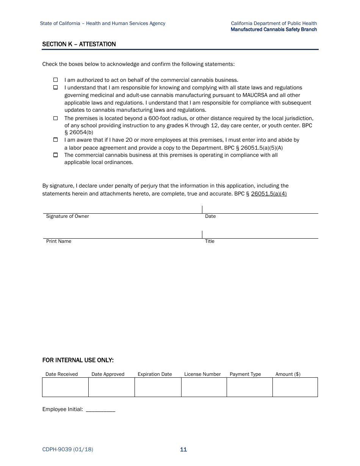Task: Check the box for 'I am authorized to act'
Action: [x=55, y=80]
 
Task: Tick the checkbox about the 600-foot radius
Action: [x=55, y=118]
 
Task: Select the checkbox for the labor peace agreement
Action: [x=55, y=140]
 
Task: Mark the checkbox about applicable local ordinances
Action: [x=55, y=155]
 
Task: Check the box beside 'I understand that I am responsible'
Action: [x=55, y=88]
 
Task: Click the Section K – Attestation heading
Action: [x=79, y=44]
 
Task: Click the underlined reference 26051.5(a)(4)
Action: [x=269, y=194]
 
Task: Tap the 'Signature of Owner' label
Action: [x=67, y=216]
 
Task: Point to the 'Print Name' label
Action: [x=59, y=241]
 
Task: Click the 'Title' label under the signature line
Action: [x=210, y=241]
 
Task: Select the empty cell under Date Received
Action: [x=65, y=387]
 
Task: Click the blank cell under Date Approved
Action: [x=111, y=387]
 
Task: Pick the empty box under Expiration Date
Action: [x=158, y=387]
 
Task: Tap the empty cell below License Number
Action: [x=204, y=387]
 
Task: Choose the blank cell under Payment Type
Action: [x=249, y=387]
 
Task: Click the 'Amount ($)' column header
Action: [x=288, y=374]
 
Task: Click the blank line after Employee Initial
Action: [x=100, y=410]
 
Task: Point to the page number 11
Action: [x=183, y=450]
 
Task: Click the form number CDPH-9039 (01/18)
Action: [x=67, y=450]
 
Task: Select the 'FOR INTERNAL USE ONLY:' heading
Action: [x=78, y=360]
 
